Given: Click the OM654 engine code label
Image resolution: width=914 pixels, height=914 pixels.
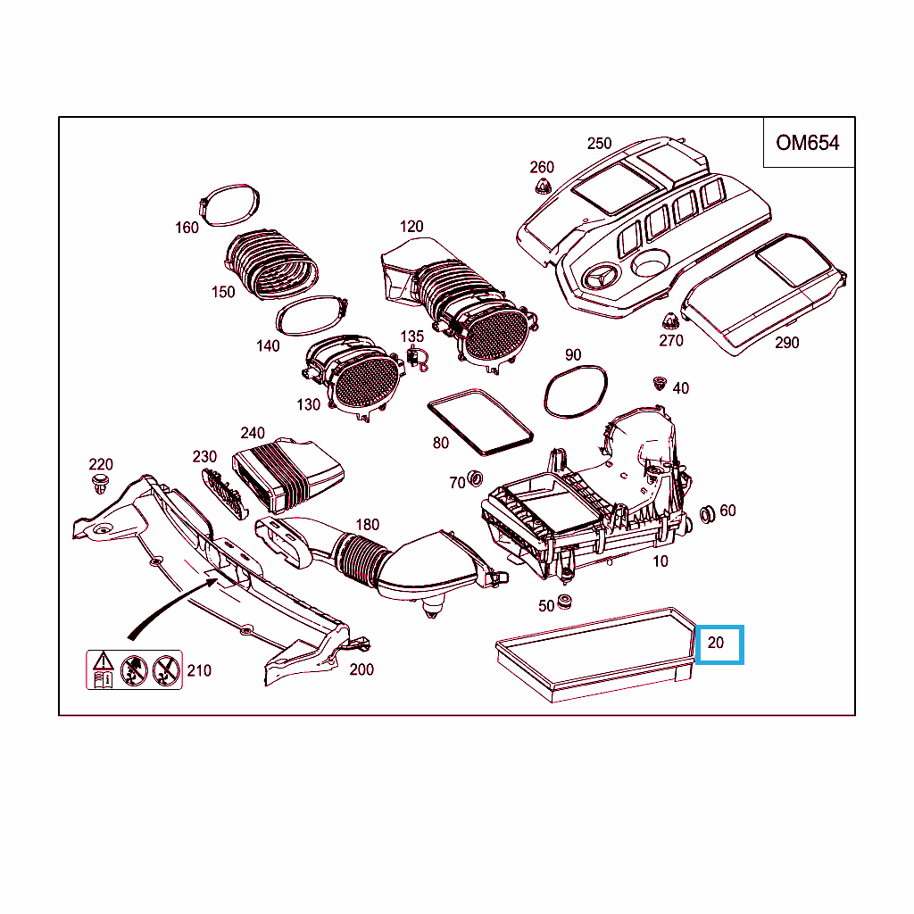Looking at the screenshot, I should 808,143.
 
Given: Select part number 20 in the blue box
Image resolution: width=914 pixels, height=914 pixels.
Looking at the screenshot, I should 719,643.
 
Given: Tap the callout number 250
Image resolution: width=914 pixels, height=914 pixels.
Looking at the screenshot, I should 600,143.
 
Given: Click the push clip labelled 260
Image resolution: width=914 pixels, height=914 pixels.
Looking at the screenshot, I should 541,187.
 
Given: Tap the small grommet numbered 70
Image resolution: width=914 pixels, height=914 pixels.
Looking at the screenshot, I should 476,476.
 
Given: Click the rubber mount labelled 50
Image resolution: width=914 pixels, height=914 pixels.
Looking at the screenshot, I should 565,602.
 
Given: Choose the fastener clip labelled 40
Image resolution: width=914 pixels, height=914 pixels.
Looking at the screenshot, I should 660,383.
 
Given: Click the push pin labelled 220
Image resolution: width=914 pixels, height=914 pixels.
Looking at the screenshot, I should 100,487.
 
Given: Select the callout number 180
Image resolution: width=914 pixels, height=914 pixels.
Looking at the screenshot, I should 367,525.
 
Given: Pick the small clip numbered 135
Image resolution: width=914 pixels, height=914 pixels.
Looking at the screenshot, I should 415,357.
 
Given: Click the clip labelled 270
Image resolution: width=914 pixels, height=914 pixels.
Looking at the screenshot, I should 669,320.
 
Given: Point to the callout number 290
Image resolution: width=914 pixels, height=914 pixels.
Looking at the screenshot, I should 786,342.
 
